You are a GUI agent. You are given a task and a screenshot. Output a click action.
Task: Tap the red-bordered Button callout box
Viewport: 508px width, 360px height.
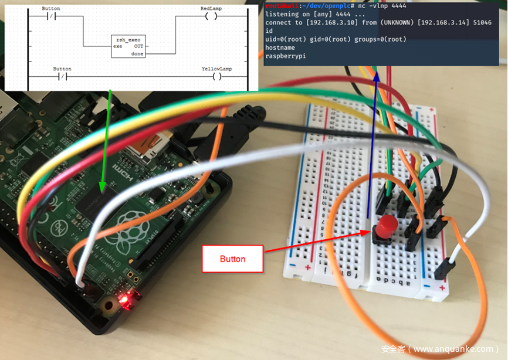[232, 259]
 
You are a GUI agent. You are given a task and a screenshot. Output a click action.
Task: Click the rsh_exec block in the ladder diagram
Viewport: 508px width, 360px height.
[128, 45]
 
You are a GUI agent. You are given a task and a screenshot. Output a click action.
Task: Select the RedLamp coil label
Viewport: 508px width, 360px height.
[211, 9]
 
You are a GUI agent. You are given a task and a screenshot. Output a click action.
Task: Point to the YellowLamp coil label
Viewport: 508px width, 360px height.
[216, 69]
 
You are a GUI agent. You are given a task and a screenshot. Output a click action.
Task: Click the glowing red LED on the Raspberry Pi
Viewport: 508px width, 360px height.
[124, 300]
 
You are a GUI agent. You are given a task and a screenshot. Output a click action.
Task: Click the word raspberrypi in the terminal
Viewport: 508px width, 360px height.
[285, 56]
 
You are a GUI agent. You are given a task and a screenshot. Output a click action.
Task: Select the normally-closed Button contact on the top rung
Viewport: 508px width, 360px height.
[50, 17]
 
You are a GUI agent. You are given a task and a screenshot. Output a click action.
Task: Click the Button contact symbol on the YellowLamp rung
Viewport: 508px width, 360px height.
[62, 76]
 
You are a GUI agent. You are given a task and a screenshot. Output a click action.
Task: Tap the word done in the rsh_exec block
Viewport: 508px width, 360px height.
[137, 53]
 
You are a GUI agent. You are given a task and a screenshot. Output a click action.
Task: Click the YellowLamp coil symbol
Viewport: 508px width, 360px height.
[216, 76]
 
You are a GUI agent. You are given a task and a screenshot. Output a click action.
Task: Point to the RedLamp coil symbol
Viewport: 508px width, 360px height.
[211, 17]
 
